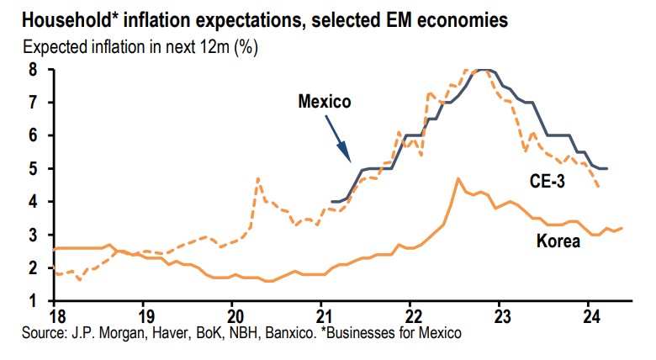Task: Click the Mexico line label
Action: [324, 102]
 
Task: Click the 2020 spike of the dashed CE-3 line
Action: [257, 177]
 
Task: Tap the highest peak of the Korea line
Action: [457, 177]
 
